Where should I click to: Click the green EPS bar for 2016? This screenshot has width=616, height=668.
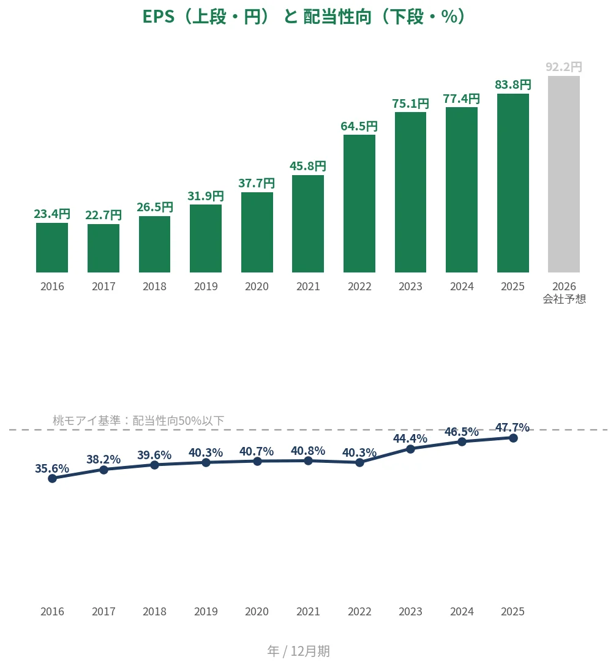pyautogui.click(x=52, y=247)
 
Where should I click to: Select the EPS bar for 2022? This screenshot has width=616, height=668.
pyautogui.click(x=359, y=204)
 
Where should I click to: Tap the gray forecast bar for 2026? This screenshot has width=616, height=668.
pyautogui.click(x=563, y=175)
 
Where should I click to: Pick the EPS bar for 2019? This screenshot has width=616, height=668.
pyautogui.click(x=206, y=239)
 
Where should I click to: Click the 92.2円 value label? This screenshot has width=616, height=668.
pyautogui.click(x=563, y=67)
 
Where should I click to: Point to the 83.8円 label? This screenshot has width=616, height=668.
pyautogui.click(x=513, y=84)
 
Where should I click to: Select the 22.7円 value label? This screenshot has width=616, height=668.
pyautogui.click(x=103, y=215)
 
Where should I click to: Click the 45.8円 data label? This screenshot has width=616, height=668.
pyautogui.click(x=308, y=166)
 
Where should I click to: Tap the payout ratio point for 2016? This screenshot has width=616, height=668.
pyautogui.click(x=53, y=478)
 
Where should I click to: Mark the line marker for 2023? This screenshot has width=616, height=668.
pyautogui.click(x=411, y=449)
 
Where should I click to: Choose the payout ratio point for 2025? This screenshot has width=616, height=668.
pyautogui.click(x=513, y=438)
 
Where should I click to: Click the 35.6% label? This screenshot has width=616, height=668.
pyautogui.click(x=52, y=468)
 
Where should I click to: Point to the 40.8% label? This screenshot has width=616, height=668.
pyautogui.click(x=308, y=451)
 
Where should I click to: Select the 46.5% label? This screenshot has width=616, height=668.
pyautogui.click(x=462, y=432)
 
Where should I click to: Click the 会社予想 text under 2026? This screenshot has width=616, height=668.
pyautogui.click(x=564, y=299)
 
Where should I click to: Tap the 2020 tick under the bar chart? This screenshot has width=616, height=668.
pyautogui.click(x=257, y=287)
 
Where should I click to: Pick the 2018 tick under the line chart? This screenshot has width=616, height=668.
pyautogui.click(x=155, y=611)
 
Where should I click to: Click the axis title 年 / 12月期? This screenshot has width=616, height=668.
pyautogui.click(x=299, y=651)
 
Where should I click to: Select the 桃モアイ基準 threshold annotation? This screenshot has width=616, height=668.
pyautogui.click(x=138, y=421)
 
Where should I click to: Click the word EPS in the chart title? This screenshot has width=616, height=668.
pyautogui.click(x=159, y=17)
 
